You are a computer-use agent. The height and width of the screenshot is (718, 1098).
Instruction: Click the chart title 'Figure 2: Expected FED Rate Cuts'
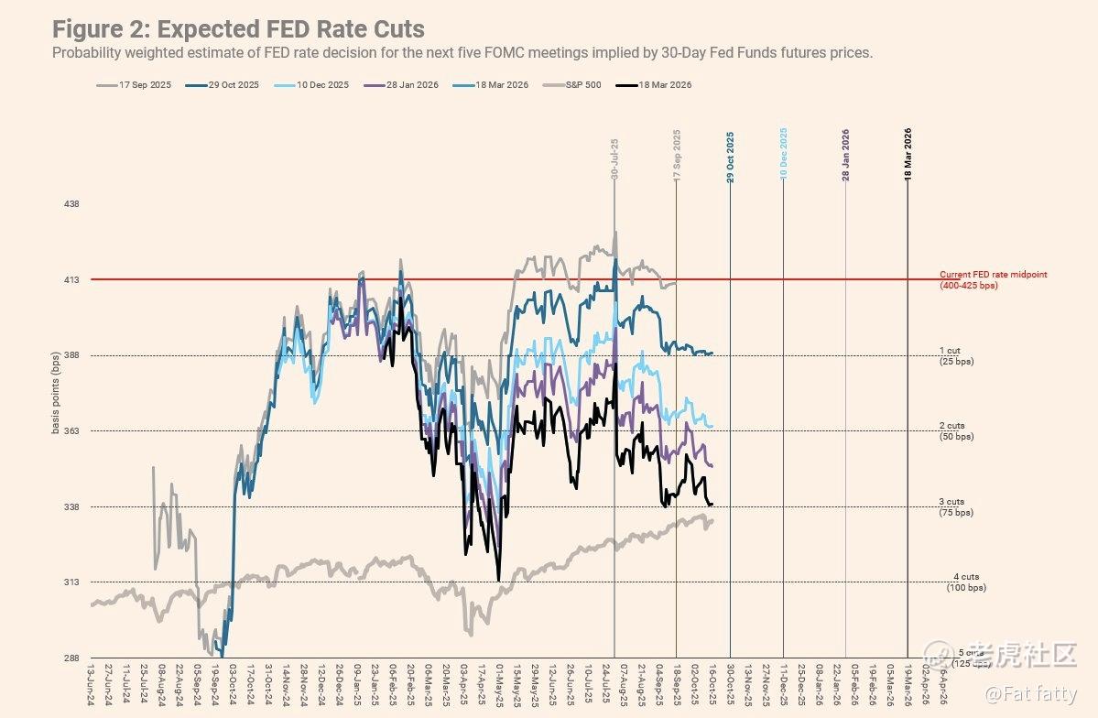[238, 29]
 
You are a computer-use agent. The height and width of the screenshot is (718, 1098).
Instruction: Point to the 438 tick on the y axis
[71, 204]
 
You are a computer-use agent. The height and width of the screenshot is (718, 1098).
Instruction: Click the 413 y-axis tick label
[71, 279]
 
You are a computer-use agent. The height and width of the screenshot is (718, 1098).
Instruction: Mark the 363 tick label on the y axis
[71, 431]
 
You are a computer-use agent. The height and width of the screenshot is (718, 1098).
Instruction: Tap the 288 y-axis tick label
[71, 658]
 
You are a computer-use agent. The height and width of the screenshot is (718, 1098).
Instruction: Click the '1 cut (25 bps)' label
[956, 355]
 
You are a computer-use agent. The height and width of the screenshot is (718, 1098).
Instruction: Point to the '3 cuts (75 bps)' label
[956, 507]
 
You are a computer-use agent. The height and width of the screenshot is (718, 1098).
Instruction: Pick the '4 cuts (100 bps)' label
[966, 582]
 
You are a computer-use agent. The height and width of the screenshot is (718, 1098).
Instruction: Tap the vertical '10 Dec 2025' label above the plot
[784, 154]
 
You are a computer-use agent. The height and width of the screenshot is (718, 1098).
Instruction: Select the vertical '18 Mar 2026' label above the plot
[908, 154]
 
